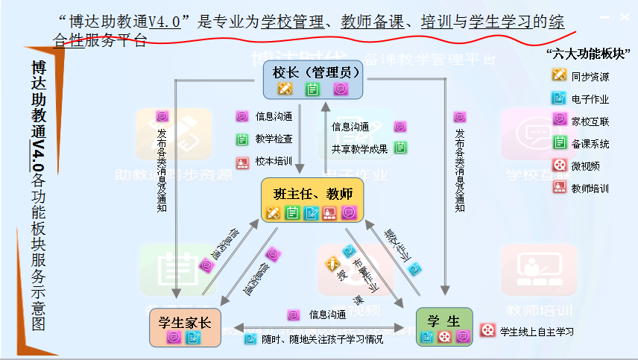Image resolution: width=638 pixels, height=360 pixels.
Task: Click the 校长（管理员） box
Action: [313, 79]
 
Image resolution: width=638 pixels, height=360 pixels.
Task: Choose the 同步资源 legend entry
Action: [581, 75]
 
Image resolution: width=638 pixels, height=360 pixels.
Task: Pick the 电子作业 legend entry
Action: [581, 98]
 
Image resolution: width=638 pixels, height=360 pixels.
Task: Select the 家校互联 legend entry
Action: [581, 121]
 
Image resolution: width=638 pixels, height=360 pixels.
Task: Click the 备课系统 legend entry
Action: [581, 143]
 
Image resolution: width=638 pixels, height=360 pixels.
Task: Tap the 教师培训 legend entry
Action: [581, 188]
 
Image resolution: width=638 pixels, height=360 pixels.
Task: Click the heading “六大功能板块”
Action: [588, 54]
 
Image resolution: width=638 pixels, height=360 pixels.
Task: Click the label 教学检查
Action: [274, 139]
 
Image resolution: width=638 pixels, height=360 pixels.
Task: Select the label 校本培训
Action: [274, 161]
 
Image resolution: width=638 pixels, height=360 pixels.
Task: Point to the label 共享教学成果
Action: [360, 148]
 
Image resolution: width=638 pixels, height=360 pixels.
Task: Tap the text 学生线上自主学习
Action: [537, 331]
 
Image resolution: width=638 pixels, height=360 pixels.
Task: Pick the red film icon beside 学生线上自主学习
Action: [487, 329]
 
